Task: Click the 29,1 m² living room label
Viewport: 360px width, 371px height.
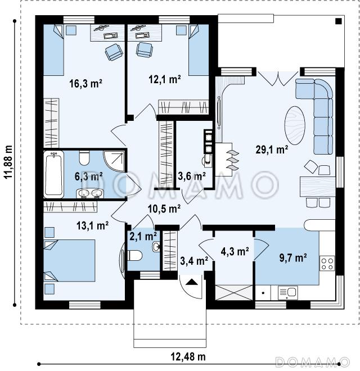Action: tap(272, 150)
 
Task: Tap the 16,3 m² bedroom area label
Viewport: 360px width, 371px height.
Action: tap(85, 84)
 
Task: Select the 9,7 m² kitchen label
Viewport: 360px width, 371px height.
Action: tap(293, 257)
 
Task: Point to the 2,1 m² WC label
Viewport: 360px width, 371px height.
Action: tap(143, 236)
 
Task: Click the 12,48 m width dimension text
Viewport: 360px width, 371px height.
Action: tap(188, 356)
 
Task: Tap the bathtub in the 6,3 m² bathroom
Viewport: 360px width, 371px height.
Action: tap(54, 174)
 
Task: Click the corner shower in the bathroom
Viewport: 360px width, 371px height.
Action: tap(114, 161)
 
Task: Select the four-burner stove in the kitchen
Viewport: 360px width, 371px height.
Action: tap(327, 263)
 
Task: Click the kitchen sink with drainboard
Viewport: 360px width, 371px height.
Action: tap(288, 292)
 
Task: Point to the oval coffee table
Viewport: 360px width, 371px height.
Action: tap(295, 126)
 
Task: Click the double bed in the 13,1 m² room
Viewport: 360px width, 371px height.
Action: tap(69, 260)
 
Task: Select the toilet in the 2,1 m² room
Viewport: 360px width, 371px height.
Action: tap(135, 256)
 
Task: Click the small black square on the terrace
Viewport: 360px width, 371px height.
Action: tap(339, 21)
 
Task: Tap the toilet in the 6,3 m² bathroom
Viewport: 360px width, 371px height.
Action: tap(84, 158)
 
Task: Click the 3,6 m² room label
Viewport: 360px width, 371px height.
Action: tap(192, 177)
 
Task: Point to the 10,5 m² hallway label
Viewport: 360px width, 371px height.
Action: tap(164, 209)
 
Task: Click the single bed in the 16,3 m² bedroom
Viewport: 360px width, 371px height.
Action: tap(54, 50)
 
